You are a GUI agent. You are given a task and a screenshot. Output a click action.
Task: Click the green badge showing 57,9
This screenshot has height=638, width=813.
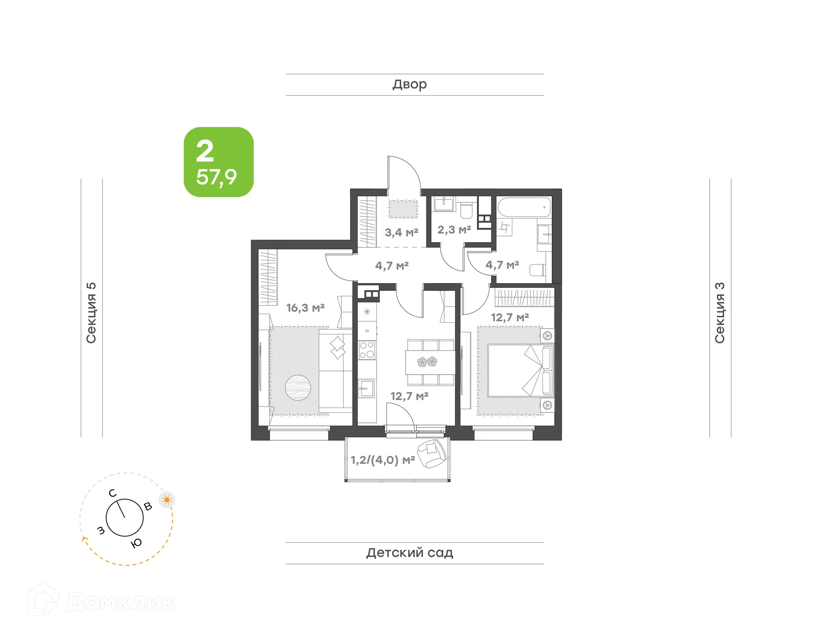coord(218,162)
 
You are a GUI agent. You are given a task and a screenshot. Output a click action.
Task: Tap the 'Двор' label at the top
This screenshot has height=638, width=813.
coord(409,84)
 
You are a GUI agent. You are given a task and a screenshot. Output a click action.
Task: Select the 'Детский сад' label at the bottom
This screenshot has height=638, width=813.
coord(409,552)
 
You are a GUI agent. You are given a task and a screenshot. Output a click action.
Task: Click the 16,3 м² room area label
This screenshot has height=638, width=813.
coord(305,308)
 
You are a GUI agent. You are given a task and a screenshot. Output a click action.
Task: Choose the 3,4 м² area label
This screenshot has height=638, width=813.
coord(401,232)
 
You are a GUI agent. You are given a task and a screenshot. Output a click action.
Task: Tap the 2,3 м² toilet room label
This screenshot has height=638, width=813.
coord(454,230)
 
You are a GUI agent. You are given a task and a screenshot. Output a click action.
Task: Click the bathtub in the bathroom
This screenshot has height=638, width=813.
coord(524,207)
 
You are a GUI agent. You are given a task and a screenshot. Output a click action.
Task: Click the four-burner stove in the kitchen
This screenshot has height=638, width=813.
coord(367,350)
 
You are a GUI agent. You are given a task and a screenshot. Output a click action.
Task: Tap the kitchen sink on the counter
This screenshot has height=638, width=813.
coord(366,388)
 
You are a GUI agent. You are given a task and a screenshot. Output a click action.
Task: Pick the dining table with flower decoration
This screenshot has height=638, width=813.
coord(430,362)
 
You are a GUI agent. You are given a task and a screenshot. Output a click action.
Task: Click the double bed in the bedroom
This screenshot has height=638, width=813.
coord(520,370)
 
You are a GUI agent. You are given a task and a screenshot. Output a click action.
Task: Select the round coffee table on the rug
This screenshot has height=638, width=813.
coord(298,387)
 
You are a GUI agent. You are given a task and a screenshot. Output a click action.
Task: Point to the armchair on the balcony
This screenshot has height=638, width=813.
coord(432,453)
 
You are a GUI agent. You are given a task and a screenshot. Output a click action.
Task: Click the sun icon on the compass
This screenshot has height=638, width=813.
coord(167,500)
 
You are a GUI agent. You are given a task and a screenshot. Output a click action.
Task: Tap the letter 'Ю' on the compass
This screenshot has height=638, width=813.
coord(136,543)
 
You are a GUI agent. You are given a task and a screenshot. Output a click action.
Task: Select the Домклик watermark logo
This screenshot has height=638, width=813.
coord(102,602)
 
